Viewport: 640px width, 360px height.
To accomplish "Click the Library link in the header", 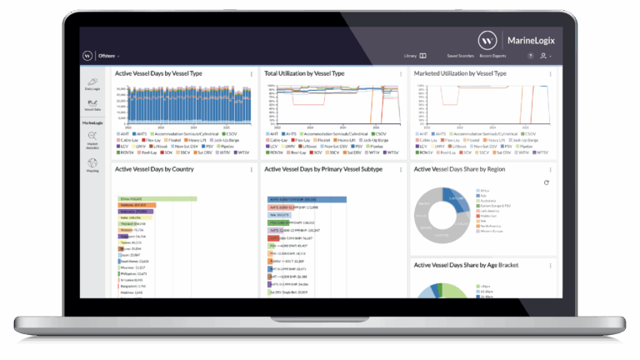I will [x=414, y=56].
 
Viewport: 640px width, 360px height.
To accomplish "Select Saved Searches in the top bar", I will [x=460, y=56].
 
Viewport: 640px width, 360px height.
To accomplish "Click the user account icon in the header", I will [x=543, y=56].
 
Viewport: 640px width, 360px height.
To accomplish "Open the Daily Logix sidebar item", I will [x=92, y=82].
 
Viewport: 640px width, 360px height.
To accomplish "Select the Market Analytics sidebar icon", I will [x=92, y=143].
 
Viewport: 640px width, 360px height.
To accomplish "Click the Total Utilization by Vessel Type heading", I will [x=304, y=74].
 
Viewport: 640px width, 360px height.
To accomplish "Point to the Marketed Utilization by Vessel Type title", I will [x=460, y=74].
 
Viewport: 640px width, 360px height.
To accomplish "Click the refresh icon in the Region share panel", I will [x=546, y=182].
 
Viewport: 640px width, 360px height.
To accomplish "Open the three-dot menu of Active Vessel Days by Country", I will [x=251, y=169].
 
